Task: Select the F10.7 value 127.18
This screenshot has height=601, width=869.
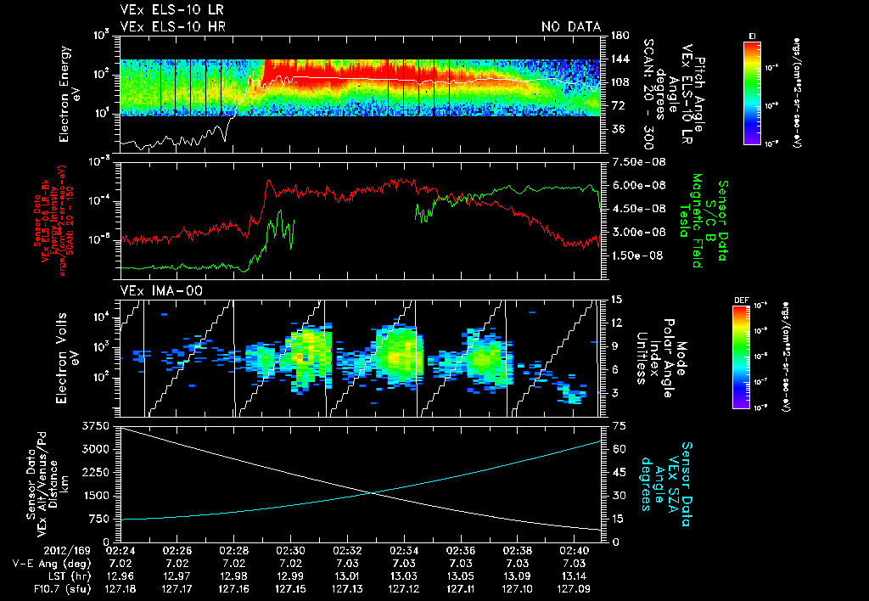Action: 120,587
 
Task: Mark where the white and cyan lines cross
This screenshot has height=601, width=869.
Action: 371,493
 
